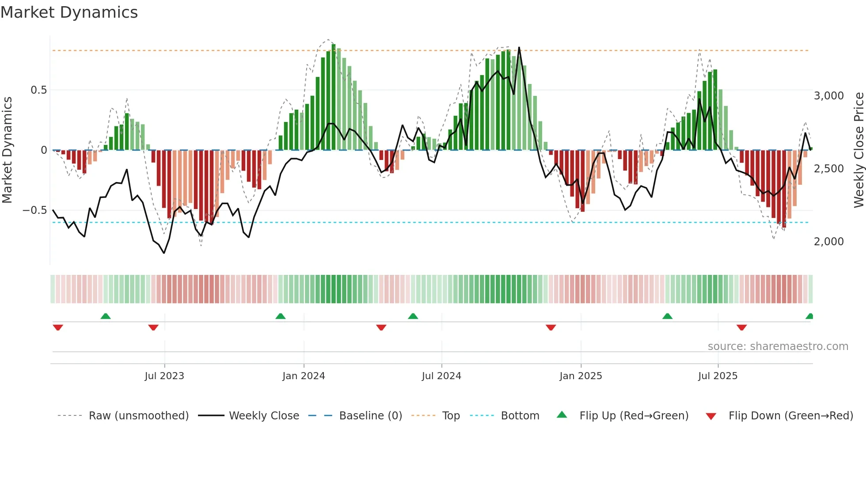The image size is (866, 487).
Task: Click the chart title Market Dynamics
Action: tap(69, 12)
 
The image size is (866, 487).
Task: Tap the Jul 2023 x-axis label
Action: tap(164, 376)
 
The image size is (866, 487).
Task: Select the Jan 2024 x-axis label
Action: tap(304, 376)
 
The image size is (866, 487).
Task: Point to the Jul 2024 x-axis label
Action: tap(441, 376)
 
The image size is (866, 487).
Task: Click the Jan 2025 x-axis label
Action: tap(581, 376)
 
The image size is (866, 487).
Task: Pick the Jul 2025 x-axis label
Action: tap(718, 376)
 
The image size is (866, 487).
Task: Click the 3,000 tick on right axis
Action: tap(828, 96)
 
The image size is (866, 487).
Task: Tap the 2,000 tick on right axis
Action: tap(828, 242)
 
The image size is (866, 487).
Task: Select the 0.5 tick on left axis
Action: tap(38, 90)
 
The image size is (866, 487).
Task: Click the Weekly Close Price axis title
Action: tap(858, 150)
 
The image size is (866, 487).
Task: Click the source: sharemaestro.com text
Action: tap(778, 346)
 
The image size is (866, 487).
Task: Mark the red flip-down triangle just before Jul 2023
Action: tap(153, 327)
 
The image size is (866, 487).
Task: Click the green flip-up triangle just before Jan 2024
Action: tap(280, 316)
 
